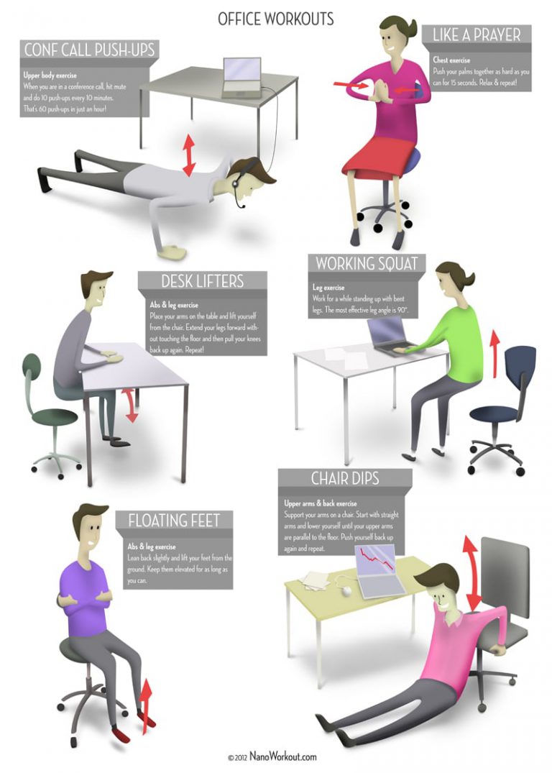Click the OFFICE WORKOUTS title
tap(275, 18)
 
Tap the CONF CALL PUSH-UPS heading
tap(89, 50)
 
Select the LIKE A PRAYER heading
tap(477, 34)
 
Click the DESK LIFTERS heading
tap(202, 281)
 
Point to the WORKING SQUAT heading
tap(366, 264)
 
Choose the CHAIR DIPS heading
tap(345, 478)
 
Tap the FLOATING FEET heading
tap(174, 520)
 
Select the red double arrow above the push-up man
tap(188, 154)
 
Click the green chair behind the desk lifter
tap(45, 403)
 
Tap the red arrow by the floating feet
tap(147, 707)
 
